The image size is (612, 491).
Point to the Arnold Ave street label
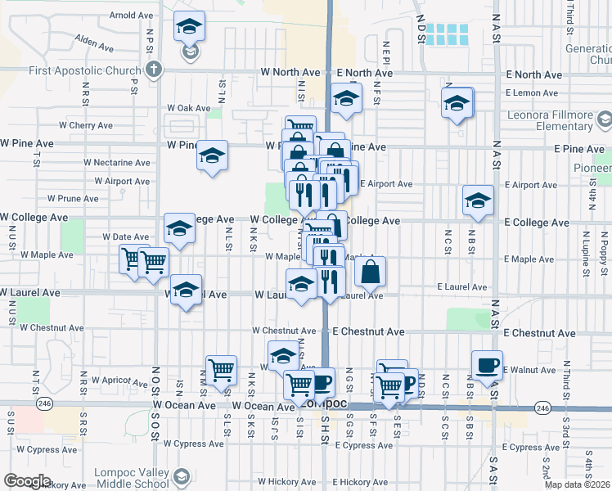(132, 15)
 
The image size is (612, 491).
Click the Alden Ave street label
(92, 38)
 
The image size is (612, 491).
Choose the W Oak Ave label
(188, 107)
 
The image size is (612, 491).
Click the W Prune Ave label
(73, 198)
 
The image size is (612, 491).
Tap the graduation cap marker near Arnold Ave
(190, 29)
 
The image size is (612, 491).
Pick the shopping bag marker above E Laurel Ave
(370, 272)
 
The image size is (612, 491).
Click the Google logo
(27, 481)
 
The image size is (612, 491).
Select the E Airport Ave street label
(385, 184)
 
